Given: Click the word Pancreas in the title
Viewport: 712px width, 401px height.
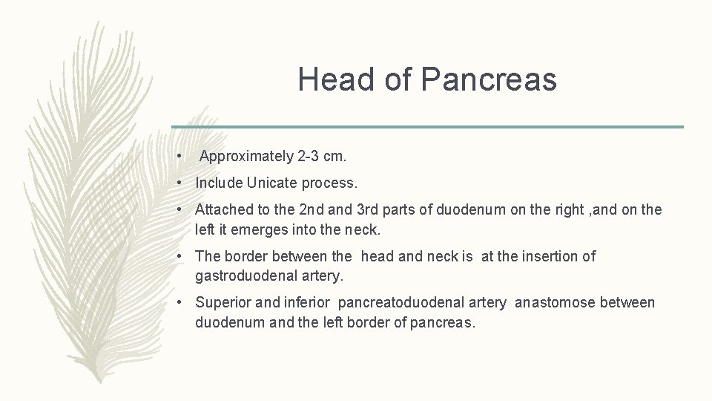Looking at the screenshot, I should click(x=489, y=79).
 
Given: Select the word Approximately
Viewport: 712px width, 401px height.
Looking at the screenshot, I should click(x=246, y=157).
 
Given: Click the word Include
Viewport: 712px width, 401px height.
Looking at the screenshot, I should click(x=219, y=183).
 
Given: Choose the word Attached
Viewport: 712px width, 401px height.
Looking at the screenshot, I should click(x=223, y=210).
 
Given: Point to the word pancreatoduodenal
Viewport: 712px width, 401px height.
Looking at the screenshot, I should click(x=423, y=302).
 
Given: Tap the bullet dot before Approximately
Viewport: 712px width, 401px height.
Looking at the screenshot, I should click(x=180, y=157).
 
